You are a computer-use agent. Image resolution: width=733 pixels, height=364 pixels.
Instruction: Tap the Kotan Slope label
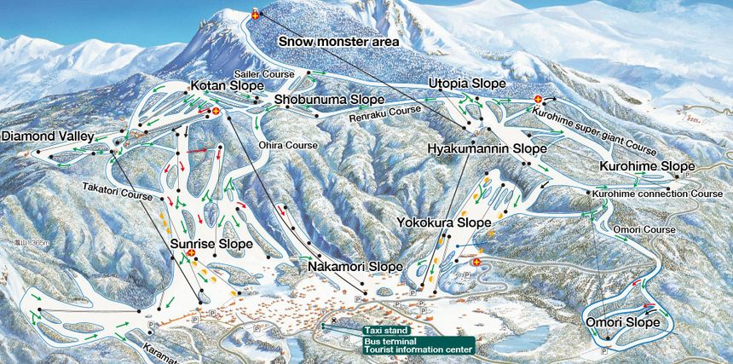(225, 87)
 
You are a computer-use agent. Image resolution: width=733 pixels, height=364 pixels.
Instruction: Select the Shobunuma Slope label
(329, 100)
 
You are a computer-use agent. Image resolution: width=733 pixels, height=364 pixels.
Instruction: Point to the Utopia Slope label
(467, 84)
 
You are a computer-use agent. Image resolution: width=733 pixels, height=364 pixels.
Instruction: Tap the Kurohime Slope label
(647, 165)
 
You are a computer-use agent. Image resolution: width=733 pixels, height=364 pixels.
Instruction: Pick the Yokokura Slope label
(443, 222)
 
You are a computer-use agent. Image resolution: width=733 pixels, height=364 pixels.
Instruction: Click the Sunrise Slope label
(211, 244)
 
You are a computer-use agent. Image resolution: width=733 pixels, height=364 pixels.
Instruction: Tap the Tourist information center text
(418, 349)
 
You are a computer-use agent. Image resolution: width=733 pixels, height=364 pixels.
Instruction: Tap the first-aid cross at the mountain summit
(257, 15)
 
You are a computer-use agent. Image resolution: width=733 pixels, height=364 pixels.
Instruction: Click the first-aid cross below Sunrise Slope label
(192, 253)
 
